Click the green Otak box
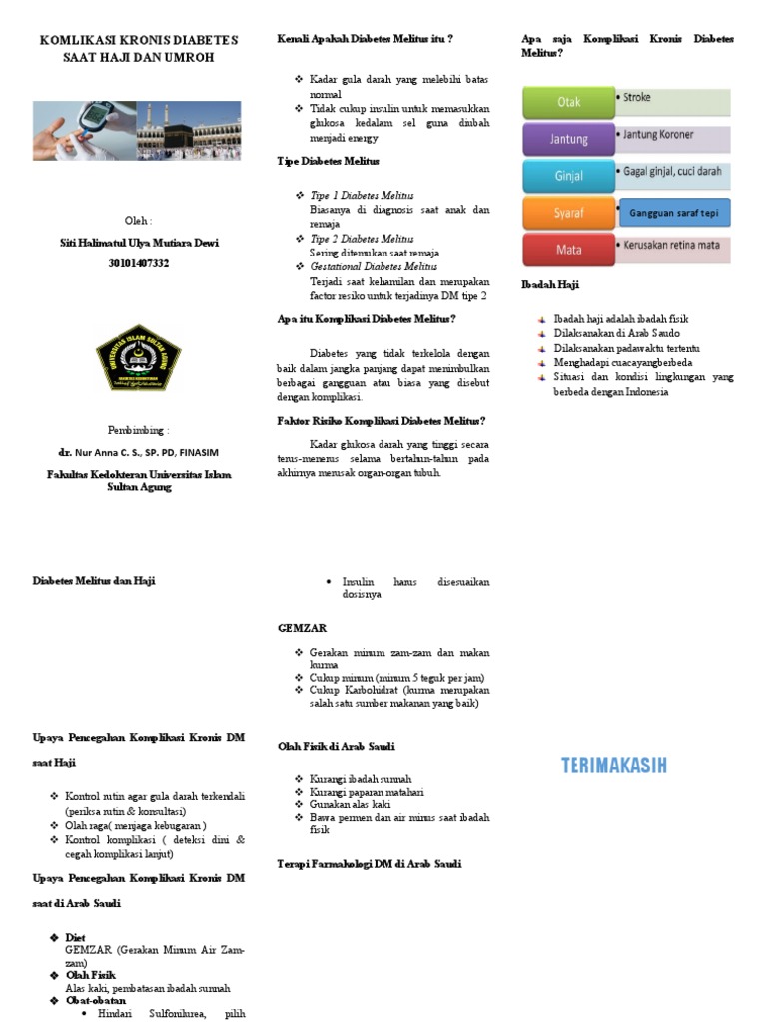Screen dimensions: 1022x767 (x=568, y=102)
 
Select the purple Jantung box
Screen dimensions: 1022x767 (x=568, y=139)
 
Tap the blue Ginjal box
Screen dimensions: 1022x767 (x=568, y=176)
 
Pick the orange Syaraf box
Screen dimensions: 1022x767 (x=568, y=212)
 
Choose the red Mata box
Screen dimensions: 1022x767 (x=568, y=249)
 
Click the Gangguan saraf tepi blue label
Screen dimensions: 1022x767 (x=675, y=213)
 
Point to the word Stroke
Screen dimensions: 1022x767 (x=637, y=98)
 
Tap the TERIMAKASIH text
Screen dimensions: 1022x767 (x=613, y=766)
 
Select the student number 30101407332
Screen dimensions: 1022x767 (x=138, y=263)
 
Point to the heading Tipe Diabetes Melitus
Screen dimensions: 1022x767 (x=328, y=161)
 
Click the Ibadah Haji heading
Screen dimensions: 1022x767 (x=550, y=284)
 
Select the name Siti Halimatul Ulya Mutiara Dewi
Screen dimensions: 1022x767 (x=138, y=243)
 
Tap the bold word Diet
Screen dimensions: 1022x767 (x=75, y=938)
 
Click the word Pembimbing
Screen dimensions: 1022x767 (x=138, y=430)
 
